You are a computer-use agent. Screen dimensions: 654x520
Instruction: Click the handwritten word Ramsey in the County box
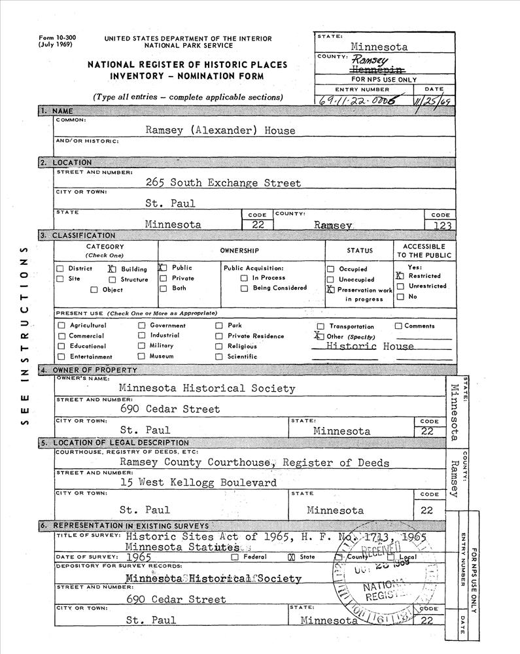370,59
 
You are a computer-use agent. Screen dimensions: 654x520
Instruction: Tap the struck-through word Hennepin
377,69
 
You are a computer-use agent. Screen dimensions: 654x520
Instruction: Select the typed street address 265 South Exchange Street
224,183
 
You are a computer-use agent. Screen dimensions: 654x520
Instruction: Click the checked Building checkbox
111,268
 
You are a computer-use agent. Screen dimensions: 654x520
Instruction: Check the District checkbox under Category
60,269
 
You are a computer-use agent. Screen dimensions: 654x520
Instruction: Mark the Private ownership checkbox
162,279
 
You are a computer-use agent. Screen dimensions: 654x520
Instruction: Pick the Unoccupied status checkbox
330,280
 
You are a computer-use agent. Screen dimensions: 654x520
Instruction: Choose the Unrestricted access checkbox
400,286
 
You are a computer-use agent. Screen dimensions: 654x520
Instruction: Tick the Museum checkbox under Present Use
141,356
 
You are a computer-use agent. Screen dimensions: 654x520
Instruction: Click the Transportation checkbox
321,326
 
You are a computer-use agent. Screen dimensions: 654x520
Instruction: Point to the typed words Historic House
370,347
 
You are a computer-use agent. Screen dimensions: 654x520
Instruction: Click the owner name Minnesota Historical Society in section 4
207,388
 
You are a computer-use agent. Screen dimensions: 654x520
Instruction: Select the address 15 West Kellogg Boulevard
198,483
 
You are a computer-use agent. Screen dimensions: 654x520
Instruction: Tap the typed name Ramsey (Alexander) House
220,130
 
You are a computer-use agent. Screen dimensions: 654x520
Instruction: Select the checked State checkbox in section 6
292,557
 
